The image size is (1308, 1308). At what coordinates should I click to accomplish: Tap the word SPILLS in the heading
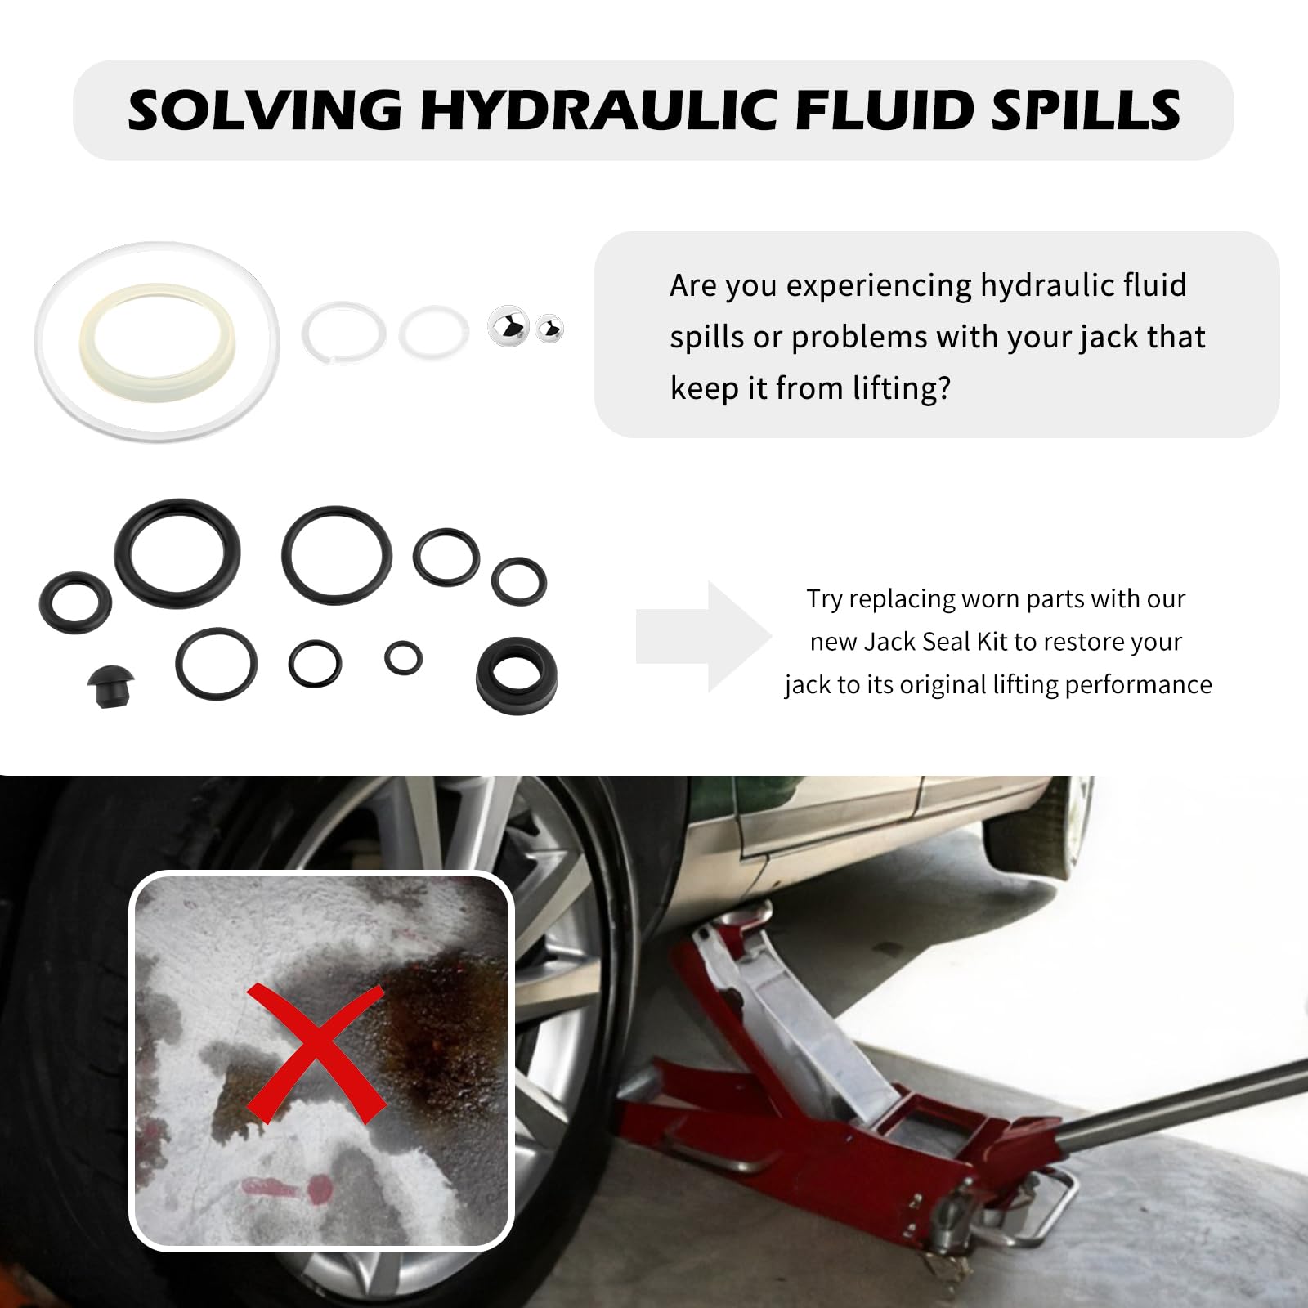point(1086,110)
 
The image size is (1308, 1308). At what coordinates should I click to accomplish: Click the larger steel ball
point(508,327)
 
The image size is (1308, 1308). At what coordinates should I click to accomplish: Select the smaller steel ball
point(549,329)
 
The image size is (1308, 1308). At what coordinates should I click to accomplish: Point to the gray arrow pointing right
point(703,636)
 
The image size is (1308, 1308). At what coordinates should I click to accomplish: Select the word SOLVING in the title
point(265,110)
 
